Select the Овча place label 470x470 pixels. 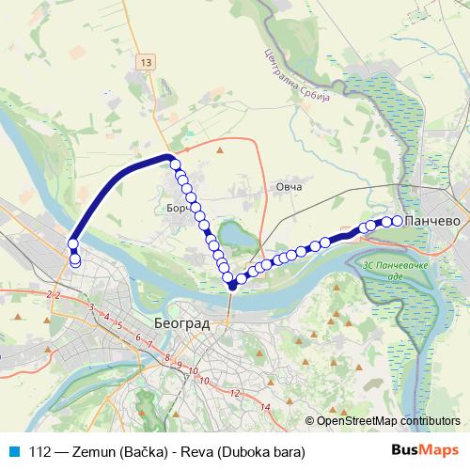pyautogui.click(x=289, y=188)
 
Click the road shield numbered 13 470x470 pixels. pyautogui.click(x=143, y=62)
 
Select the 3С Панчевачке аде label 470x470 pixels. pyautogui.click(x=394, y=274)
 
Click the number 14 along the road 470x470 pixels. pyautogui.click(x=266, y=406)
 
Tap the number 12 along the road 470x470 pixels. pyautogui.click(x=234, y=393)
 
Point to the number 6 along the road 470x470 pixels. pyautogui.click(x=138, y=337)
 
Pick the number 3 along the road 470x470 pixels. pyautogui.click(x=90, y=308)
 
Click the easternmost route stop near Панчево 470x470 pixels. pyautogui.click(x=397, y=221)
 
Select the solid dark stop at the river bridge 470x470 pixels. pyautogui.click(x=231, y=286)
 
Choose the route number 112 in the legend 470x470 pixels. pyautogui.click(x=40, y=451)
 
